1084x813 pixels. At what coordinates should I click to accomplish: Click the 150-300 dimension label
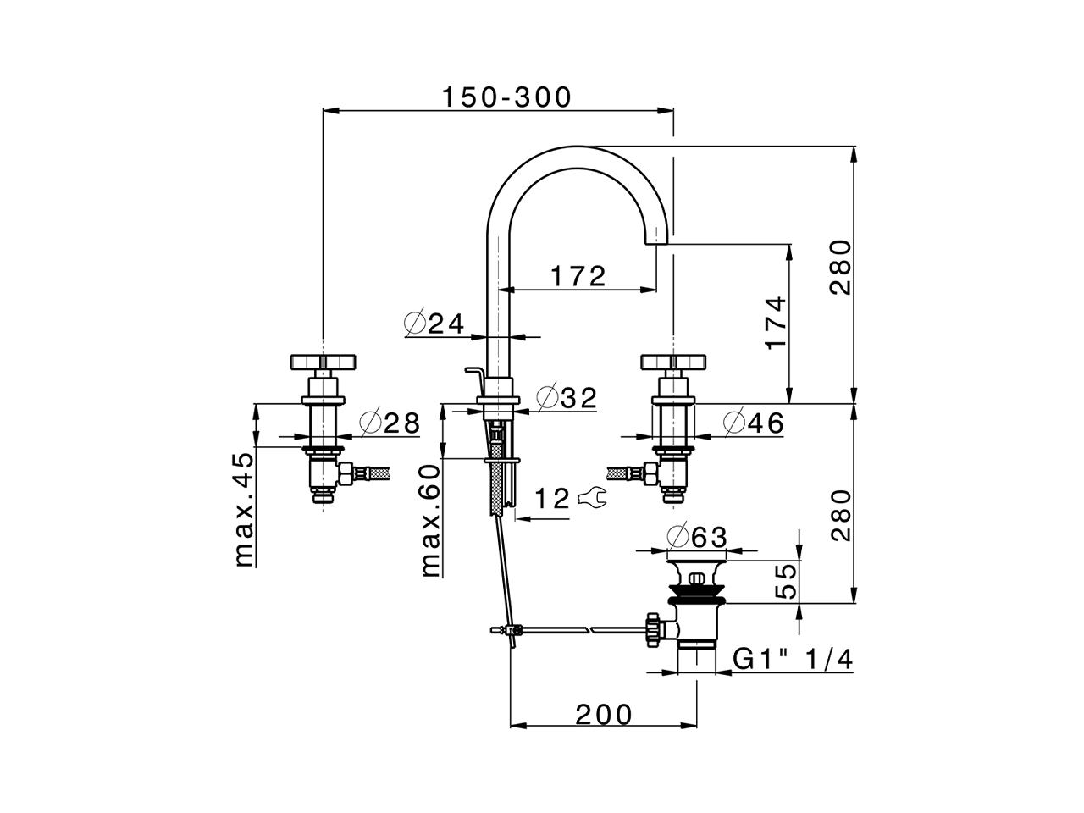pos(506,97)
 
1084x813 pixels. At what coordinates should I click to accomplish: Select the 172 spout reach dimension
pos(578,275)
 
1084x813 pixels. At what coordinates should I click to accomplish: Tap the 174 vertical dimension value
pos(776,323)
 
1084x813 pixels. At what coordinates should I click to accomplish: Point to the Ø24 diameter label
pos(435,324)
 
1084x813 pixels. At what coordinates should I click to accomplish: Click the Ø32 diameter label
pos(567,397)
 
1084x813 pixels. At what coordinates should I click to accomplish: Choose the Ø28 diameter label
pos(390,423)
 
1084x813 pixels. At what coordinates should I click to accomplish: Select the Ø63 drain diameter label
pos(696,537)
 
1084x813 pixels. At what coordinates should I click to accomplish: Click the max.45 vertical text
pos(243,509)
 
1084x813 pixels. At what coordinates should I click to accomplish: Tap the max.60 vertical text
pos(431,520)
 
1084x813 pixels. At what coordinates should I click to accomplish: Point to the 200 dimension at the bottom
pos(604,716)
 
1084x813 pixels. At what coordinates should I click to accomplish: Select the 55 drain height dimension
pos(787,582)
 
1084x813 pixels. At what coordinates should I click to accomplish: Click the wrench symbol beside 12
pos(592,499)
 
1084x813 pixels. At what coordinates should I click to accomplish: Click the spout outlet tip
pos(658,240)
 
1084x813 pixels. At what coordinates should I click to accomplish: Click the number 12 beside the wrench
pos(552,499)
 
